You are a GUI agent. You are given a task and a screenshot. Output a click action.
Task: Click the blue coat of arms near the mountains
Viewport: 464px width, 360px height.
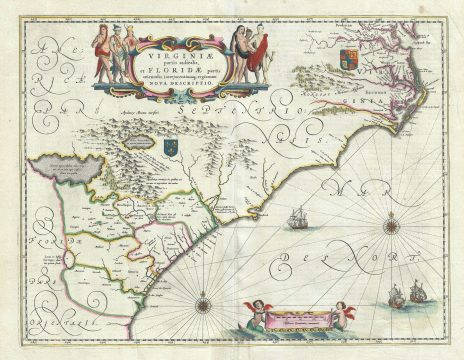[169, 147]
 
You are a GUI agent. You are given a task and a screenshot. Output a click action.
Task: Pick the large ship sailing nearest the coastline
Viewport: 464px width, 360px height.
[297, 217]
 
